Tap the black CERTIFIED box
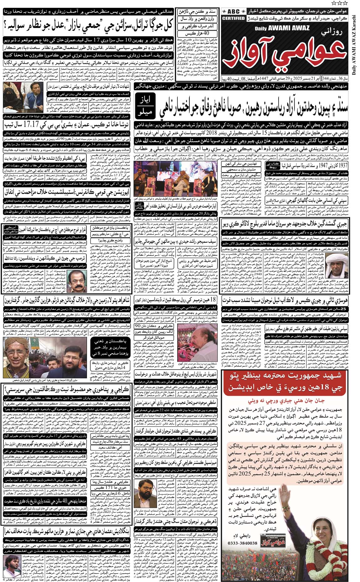233,18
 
